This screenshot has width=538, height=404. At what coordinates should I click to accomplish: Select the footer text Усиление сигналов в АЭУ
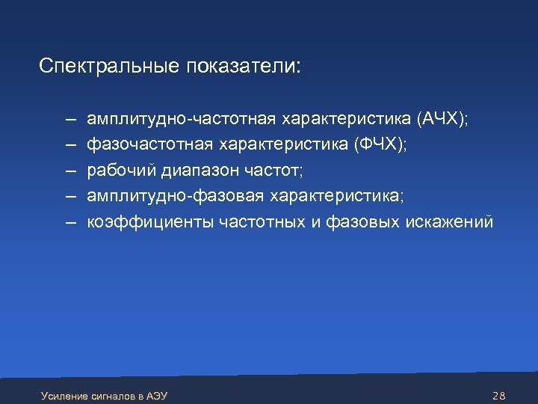(x=104, y=394)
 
